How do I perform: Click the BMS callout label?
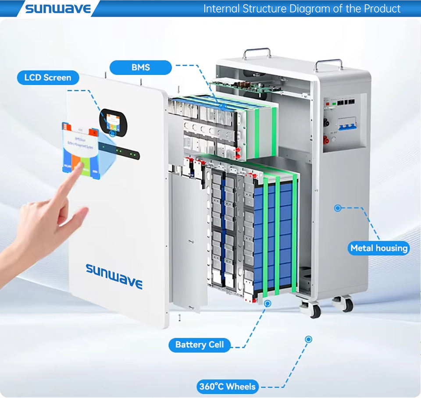[140, 68]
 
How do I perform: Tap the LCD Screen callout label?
[48, 78]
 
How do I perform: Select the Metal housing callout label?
[379, 248]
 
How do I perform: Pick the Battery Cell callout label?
[200, 345]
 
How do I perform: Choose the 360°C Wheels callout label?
[227, 386]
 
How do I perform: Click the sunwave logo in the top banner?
[58, 8]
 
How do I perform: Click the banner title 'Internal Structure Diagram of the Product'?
[302, 8]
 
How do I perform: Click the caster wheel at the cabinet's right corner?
[344, 303]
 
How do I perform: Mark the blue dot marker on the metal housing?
[337, 208]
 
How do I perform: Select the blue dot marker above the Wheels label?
[308, 339]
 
